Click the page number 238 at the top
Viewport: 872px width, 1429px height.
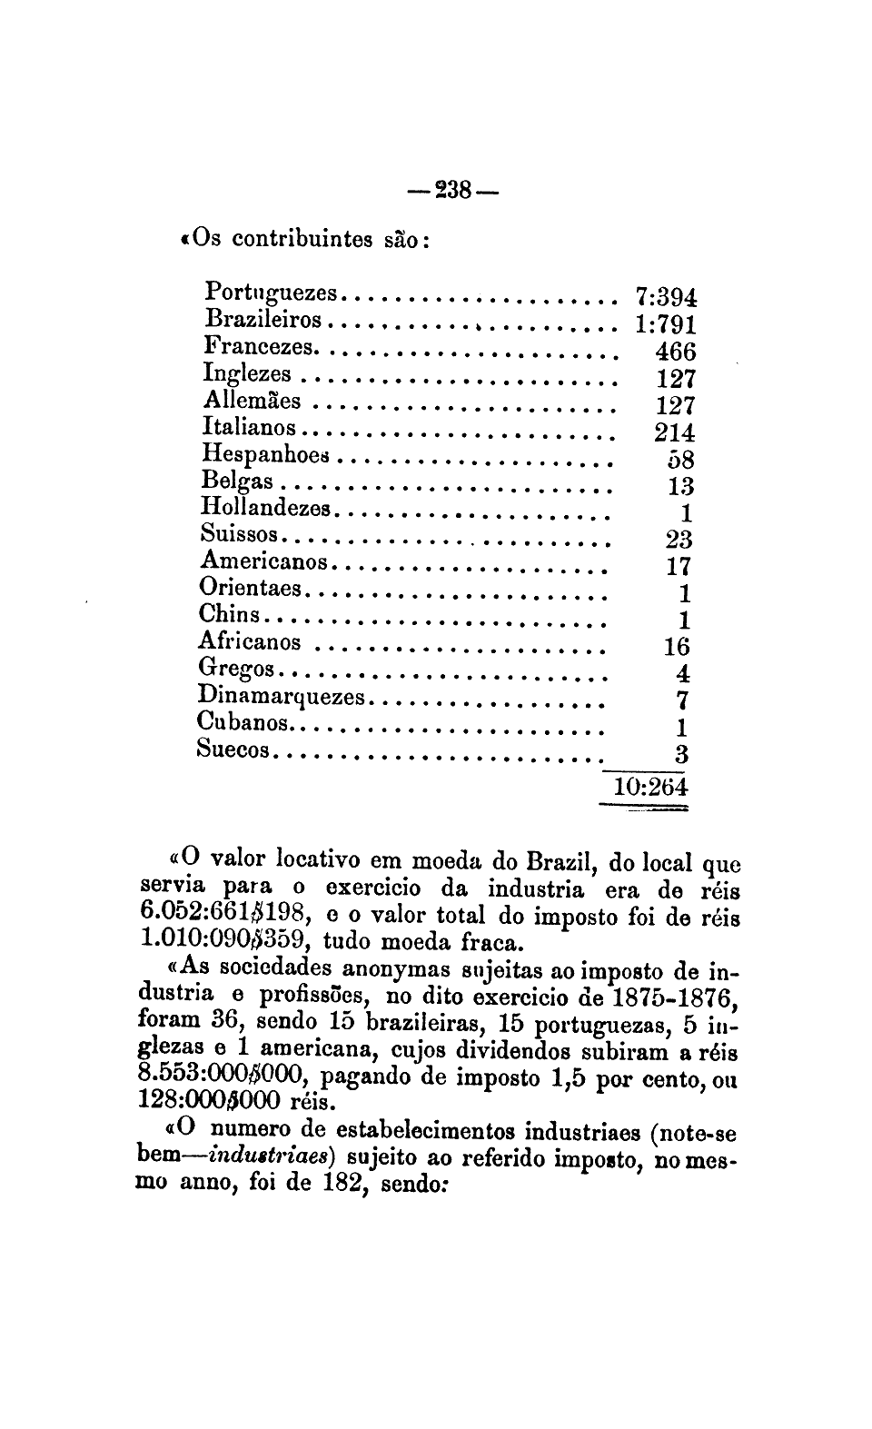451,192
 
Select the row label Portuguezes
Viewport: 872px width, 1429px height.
271,293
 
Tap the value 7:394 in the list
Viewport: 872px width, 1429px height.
665,297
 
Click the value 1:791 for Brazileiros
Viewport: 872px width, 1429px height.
665,324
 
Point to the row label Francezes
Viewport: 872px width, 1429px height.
259,347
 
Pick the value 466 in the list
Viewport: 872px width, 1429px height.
675,352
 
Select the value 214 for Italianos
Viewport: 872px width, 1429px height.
674,432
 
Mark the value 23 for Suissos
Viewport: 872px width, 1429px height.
679,540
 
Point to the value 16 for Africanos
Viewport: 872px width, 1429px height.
677,647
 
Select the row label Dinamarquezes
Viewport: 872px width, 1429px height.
282,697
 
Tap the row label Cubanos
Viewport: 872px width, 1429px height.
243,723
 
